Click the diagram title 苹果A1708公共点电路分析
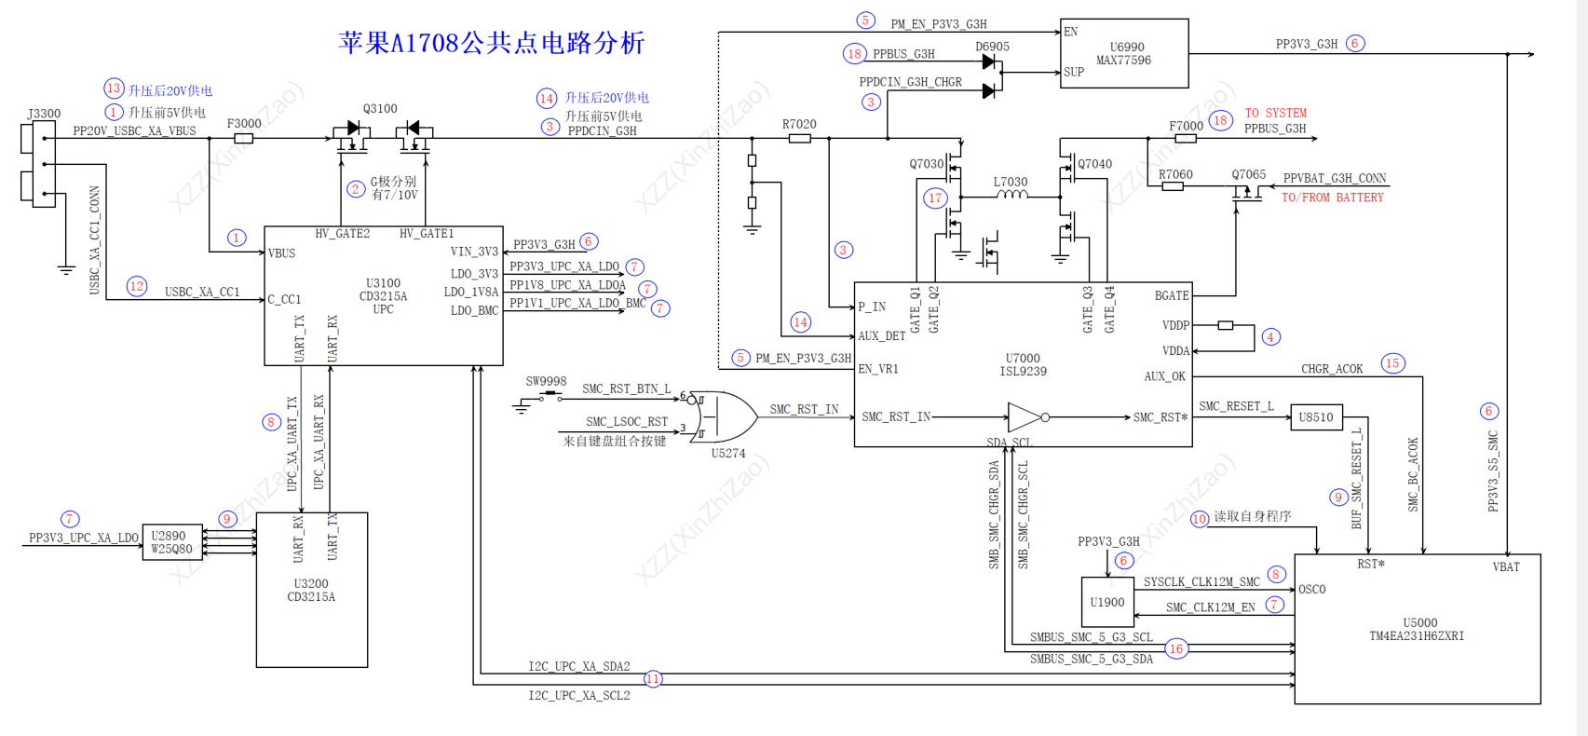[492, 43]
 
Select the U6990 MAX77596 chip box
[1124, 53]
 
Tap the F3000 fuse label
[244, 123]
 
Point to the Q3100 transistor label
[380, 109]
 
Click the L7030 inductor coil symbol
[1011, 196]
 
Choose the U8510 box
[1316, 417]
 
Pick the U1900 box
[1107, 602]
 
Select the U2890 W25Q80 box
[172, 542]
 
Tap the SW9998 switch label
[546, 381]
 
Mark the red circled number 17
[935, 198]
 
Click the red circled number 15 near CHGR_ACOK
[1392, 363]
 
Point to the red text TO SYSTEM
[1275, 113]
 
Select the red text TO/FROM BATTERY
[1332, 198]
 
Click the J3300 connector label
[44, 114]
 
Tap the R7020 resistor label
[799, 124]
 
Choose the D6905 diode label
[992, 47]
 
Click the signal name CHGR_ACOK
[1332, 369]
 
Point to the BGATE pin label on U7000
[1171, 295]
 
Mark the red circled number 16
[1176, 648]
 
